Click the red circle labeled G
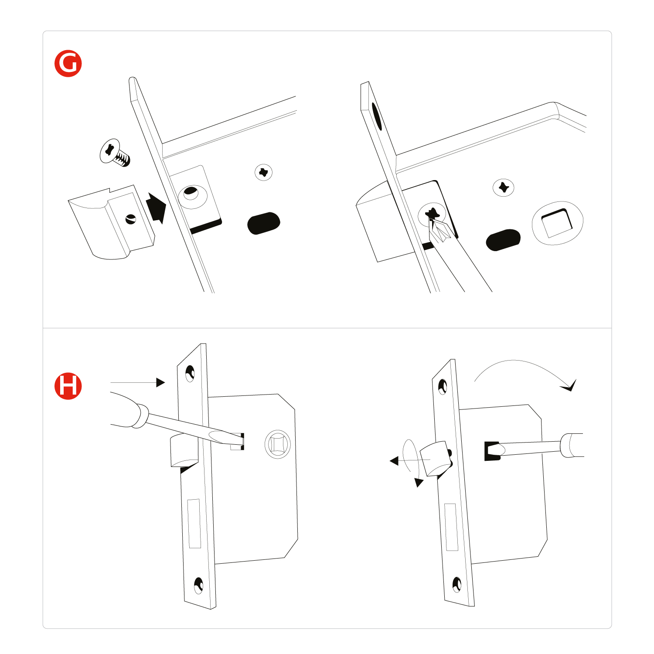tap(68, 64)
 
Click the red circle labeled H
tap(68, 386)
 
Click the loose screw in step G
tap(115, 153)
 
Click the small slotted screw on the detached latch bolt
tap(130, 219)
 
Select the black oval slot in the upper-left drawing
tap(263, 223)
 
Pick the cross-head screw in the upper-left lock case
tap(263, 173)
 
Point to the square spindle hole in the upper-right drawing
tap(557, 223)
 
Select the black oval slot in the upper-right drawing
tap(503, 240)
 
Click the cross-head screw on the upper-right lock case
tap(503, 187)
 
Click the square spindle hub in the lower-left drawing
tap(278, 444)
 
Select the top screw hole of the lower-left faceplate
tap(190, 373)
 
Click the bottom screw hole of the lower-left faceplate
tap(198, 585)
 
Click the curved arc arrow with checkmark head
tap(523, 368)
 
